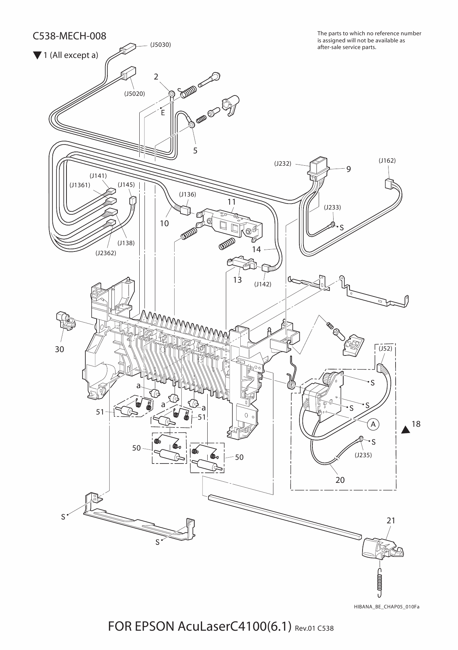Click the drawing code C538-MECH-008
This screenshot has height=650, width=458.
(x=69, y=36)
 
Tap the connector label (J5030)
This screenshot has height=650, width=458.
(x=160, y=45)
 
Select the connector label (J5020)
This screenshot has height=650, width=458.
(x=134, y=94)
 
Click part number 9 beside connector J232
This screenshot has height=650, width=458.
(x=348, y=169)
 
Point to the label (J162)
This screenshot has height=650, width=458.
(x=387, y=160)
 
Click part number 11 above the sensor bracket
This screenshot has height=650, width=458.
(x=232, y=202)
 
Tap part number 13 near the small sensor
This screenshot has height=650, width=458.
(x=237, y=280)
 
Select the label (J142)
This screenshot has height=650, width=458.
(x=263, y=284)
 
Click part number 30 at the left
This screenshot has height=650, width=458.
(x=59, y=349)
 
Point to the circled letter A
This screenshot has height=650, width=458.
(x=374, y=424)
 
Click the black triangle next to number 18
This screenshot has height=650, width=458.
(x=406, y=430)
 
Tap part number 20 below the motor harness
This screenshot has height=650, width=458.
(x=340, y=480)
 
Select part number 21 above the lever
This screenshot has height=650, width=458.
(x=391, y=521)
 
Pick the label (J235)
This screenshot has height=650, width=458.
(x=363, y=455)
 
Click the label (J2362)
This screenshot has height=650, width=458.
(x=106, y=253)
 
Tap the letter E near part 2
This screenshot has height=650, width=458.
(x=163, y=113)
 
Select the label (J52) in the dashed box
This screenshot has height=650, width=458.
(x=385, y=348)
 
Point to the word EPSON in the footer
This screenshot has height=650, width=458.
(x=154, y=627)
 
